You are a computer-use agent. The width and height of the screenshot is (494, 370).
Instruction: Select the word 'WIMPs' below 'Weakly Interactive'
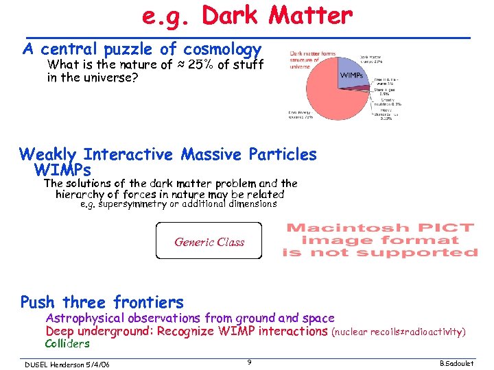click(62, 169)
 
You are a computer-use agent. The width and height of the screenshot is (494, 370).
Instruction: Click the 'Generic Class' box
click(209, 241)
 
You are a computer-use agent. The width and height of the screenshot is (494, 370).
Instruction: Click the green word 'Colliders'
click(67, 343)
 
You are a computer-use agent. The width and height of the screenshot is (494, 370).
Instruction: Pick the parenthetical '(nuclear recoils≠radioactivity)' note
click(398, 332)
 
